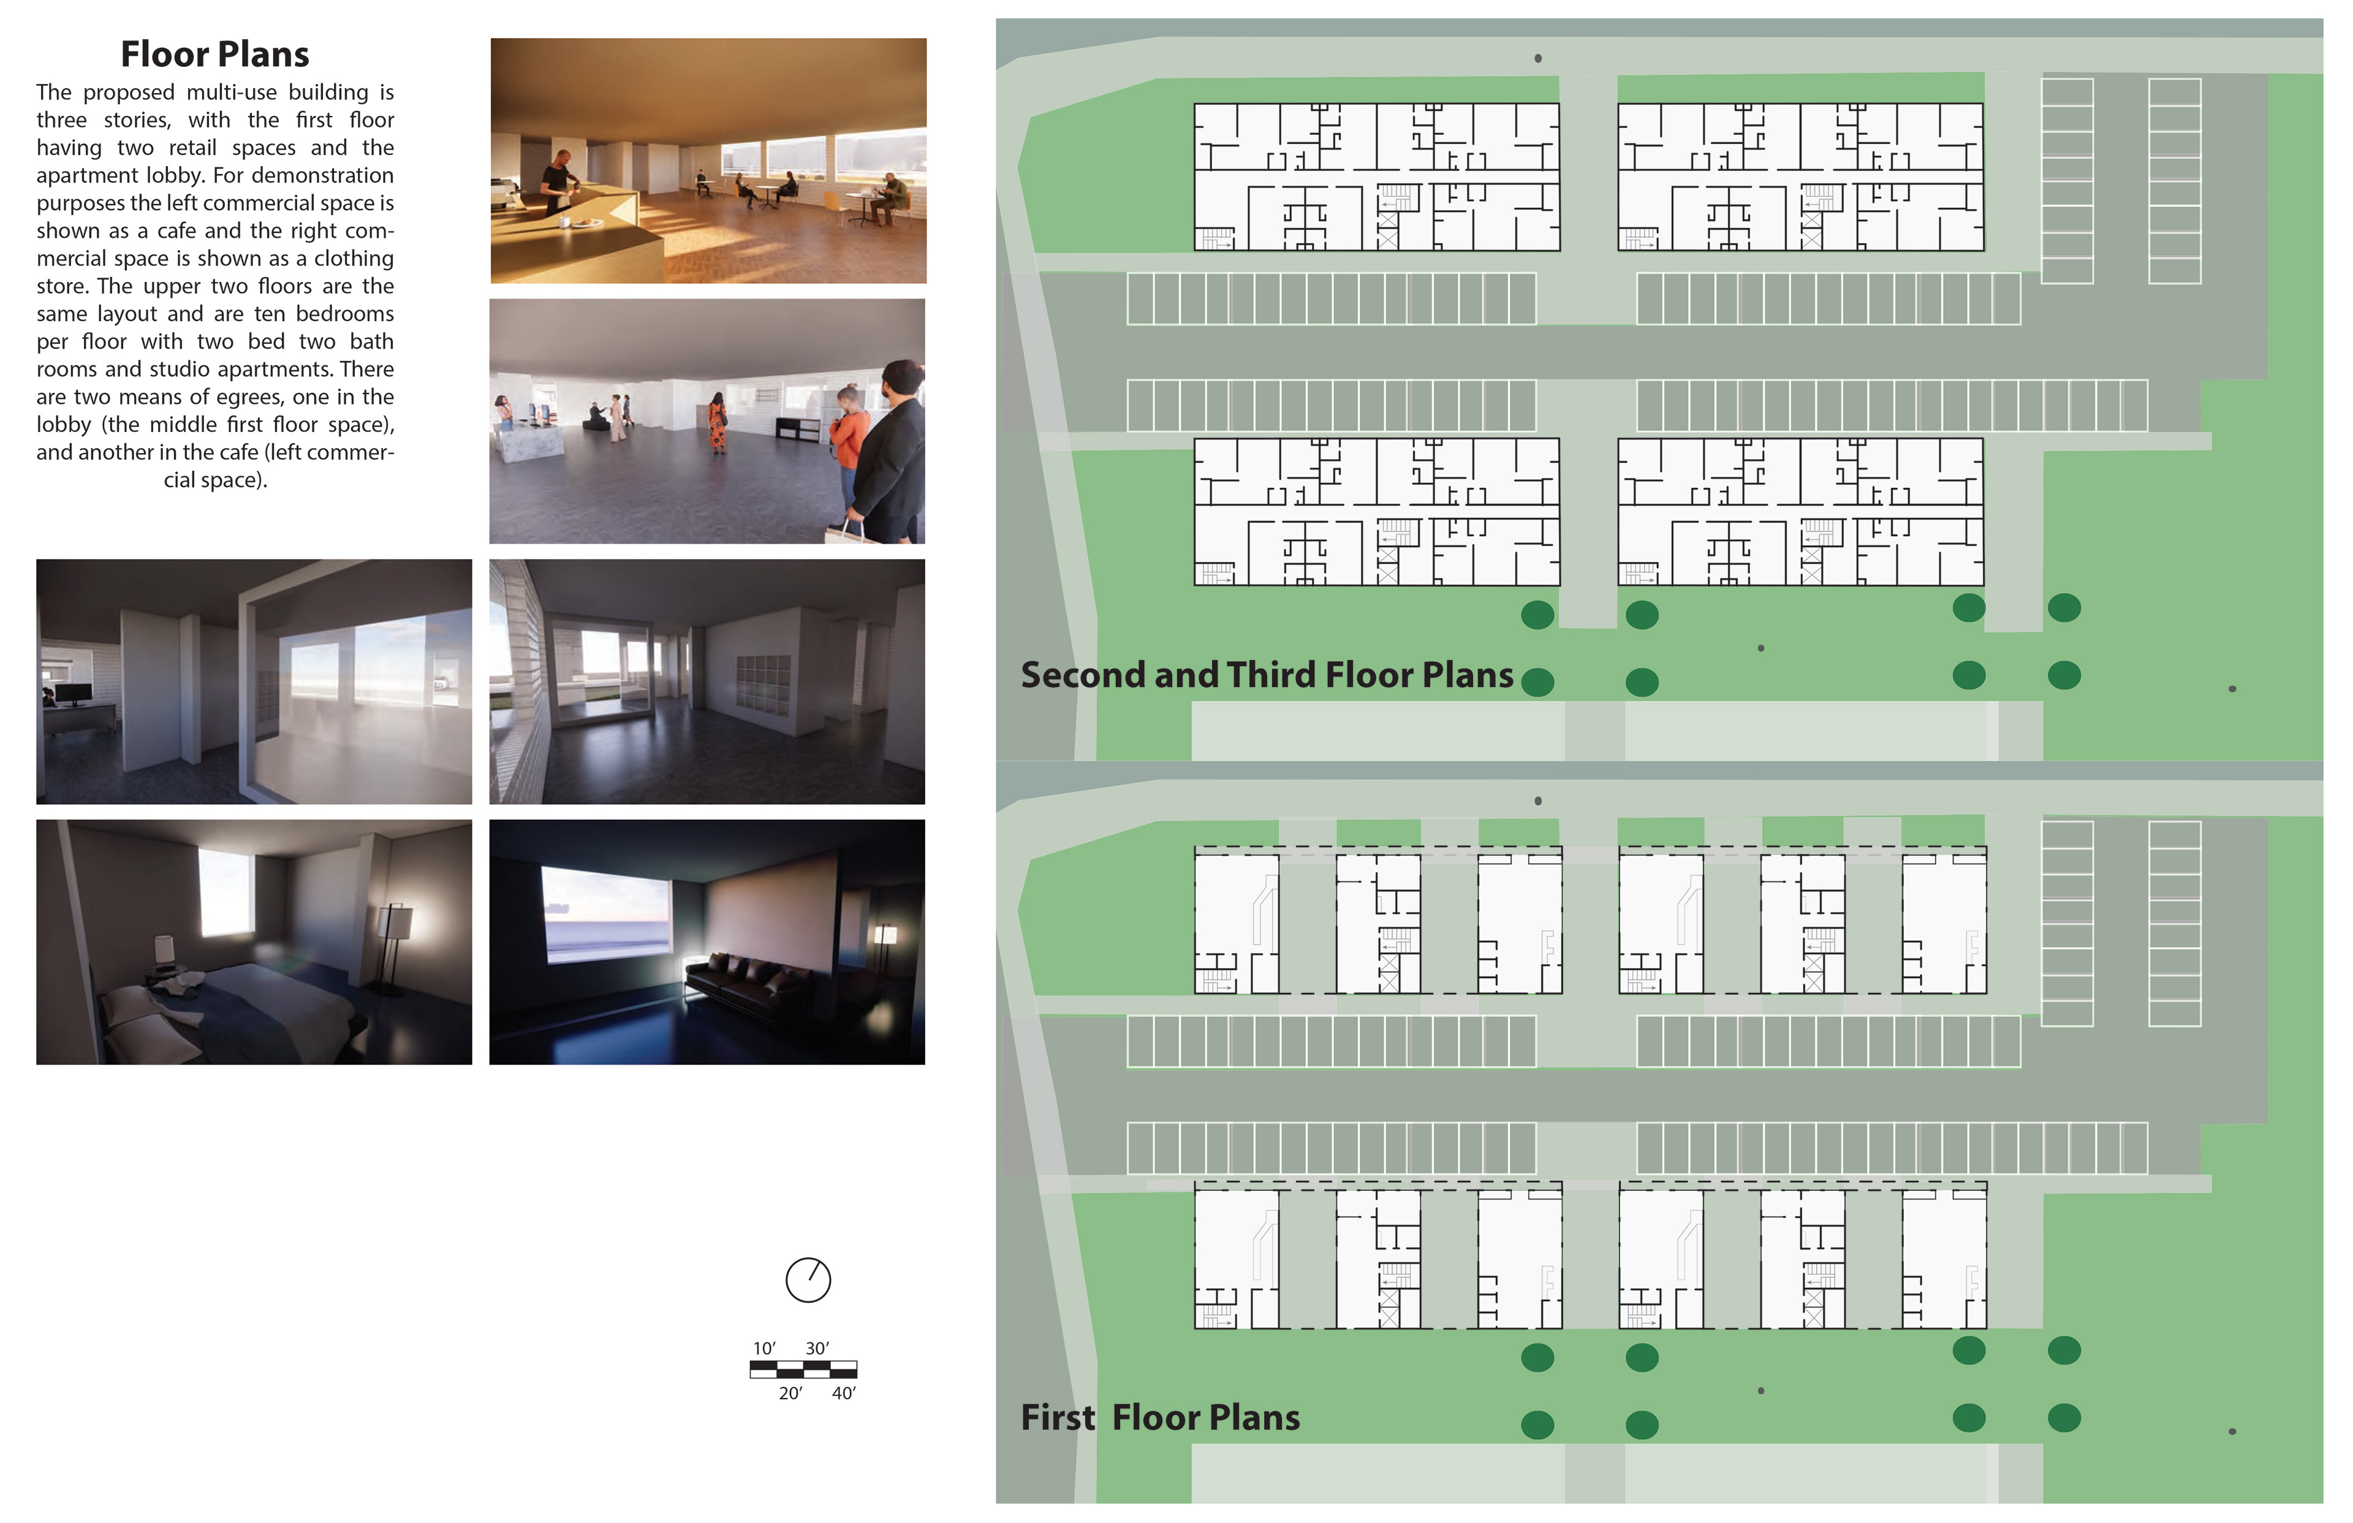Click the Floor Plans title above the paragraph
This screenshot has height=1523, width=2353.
214,55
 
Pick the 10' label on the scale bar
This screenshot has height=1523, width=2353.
763,1348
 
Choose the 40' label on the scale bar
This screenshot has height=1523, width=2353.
843,1394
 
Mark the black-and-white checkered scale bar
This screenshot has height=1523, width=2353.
803,1370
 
